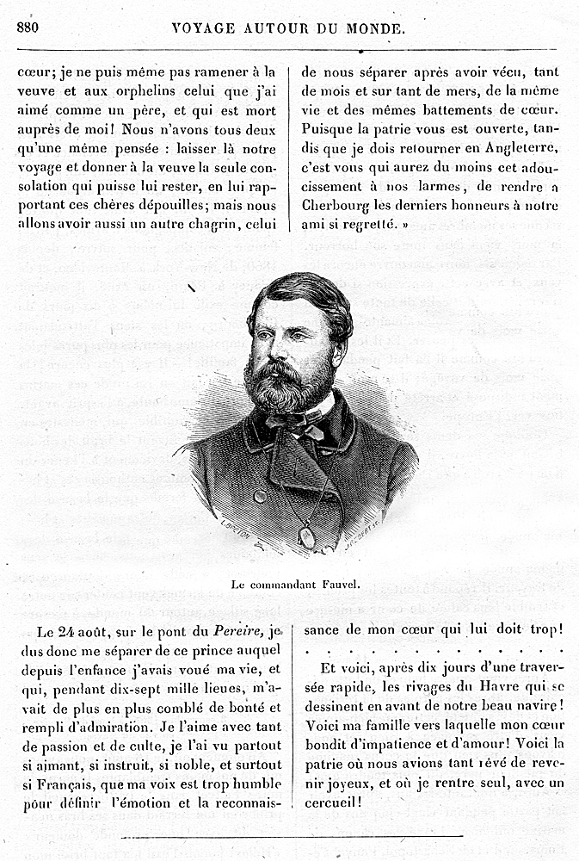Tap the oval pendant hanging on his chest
point(306,536)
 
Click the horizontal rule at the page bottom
point(293,835)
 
